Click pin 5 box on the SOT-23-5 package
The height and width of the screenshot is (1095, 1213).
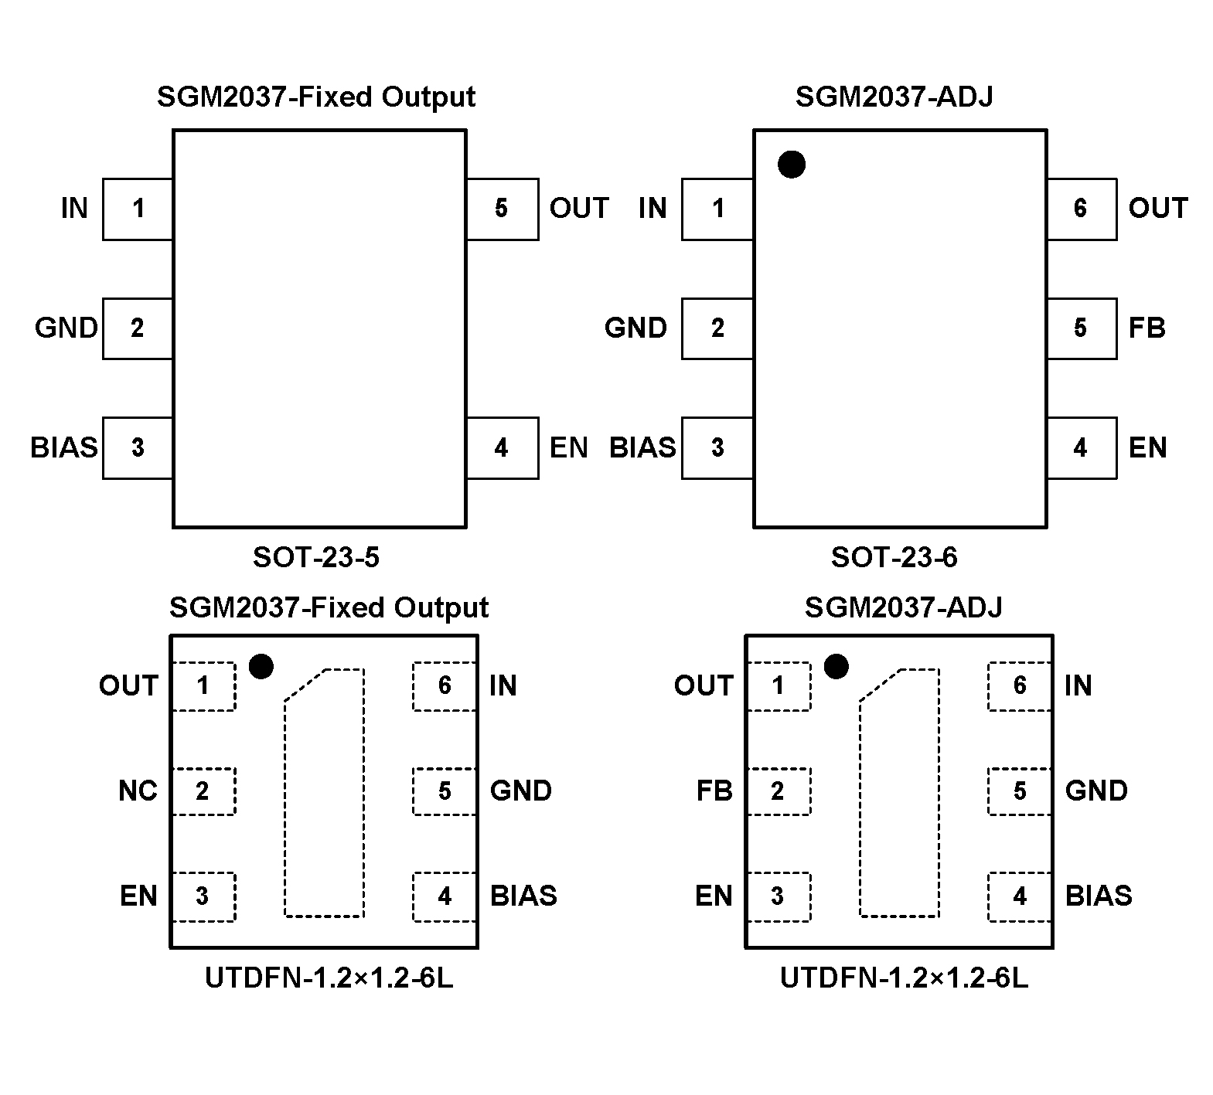click(502, 209)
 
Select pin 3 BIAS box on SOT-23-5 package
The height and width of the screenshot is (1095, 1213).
click(138, 447)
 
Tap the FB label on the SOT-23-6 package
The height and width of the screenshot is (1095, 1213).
click(1147, 328)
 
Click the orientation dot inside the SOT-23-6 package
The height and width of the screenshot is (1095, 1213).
click(792, 165)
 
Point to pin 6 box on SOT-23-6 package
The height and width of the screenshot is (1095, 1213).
click(1081, 209)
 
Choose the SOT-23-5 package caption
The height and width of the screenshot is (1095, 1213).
click(316, 557)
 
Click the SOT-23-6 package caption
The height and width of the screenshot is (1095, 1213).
click(894, 557)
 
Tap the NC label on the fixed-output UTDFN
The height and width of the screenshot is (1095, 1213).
click(138, 791)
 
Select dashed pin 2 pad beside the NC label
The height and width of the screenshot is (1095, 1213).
click(203, 791)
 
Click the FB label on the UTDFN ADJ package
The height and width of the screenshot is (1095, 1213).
click(714, 791)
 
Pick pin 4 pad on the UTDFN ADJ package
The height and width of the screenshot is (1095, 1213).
click(1020, 896)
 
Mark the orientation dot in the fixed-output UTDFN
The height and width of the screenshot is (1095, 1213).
click(261, 666)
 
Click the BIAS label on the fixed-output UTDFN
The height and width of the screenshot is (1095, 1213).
click(523, 896)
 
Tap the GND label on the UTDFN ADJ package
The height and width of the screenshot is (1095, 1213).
click(1096, 791)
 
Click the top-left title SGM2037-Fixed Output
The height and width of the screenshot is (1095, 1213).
click(315, 97)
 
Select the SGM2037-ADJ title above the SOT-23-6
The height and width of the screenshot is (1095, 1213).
click(894, 97)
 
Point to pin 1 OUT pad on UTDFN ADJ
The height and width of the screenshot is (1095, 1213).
click(779, 686)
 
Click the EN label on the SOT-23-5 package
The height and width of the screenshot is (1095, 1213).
click(568, 448)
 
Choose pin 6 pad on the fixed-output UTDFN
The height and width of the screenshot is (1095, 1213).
click(445, 686)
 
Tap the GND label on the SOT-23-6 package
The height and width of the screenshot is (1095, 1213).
click(635, 328)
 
